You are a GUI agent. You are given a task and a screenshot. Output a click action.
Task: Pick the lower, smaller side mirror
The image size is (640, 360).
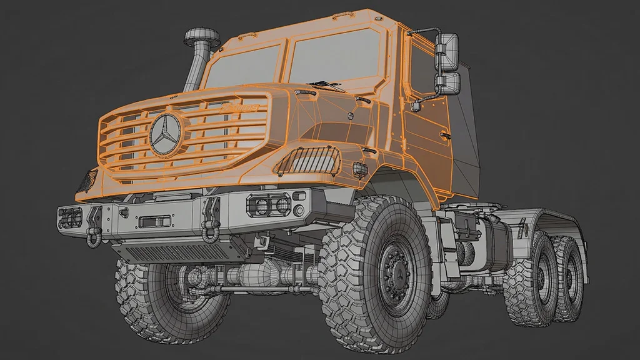click(x=448, y=84)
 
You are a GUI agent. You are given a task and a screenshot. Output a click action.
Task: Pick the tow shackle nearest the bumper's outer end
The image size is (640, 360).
click(x=94, y=224)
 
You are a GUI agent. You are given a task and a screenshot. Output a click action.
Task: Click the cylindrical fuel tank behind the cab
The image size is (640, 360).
click(x=494, y=244)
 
